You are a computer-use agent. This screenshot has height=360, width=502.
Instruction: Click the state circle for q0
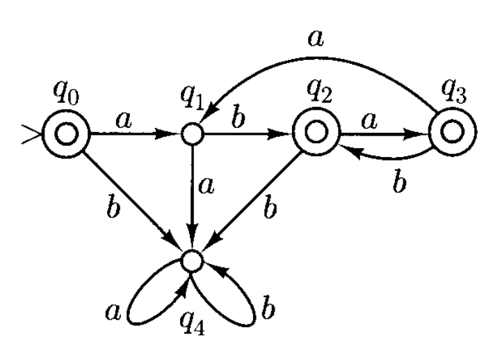[x=67, y=136]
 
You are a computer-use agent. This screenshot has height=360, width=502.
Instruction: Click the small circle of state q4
[x=191, y=261]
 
